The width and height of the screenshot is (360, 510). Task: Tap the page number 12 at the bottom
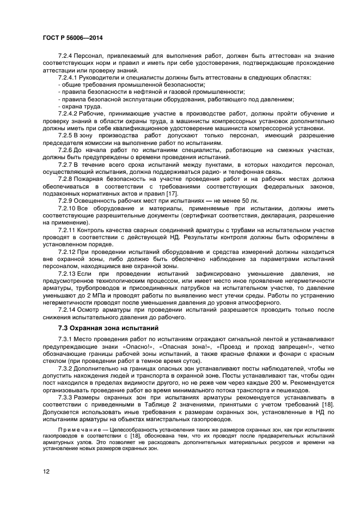tap(46, 471)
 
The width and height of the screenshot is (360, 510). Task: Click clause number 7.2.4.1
tap(69, 77)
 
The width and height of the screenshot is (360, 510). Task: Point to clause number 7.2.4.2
tap(69, 113)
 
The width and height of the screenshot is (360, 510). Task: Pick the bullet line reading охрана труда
tap(81, 106)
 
